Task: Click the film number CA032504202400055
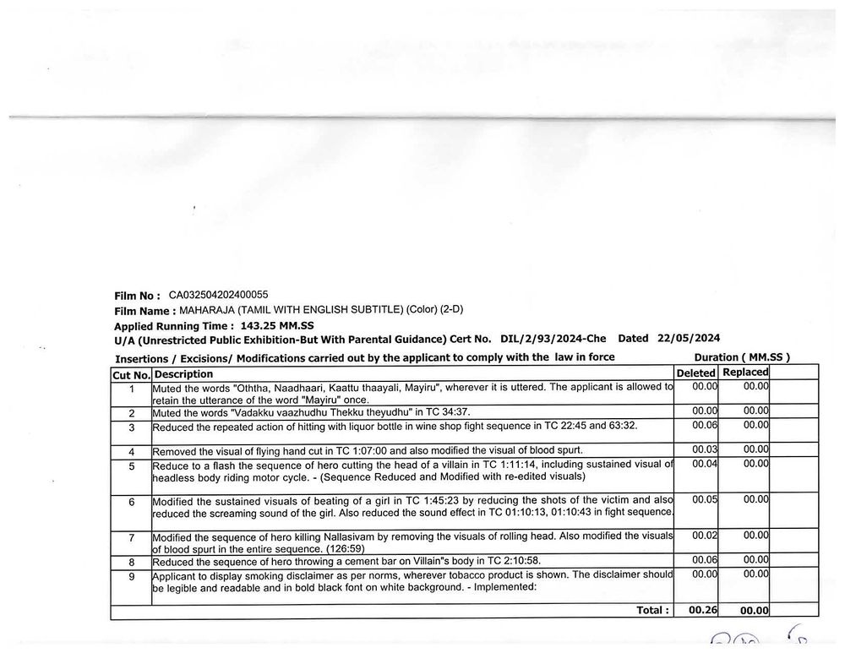218,295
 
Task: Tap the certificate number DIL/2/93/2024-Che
550,339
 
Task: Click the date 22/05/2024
689,339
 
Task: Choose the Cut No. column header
131,374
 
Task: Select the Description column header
183,373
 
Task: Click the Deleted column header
696,373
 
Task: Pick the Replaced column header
745,372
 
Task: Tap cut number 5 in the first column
132,465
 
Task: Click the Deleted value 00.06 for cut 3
705,425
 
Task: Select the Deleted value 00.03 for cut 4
705,449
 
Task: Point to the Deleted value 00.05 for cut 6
705,499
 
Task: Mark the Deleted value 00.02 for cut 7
705,535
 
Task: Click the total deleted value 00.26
702,610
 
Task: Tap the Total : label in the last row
653,610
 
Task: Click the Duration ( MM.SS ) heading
741,357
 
